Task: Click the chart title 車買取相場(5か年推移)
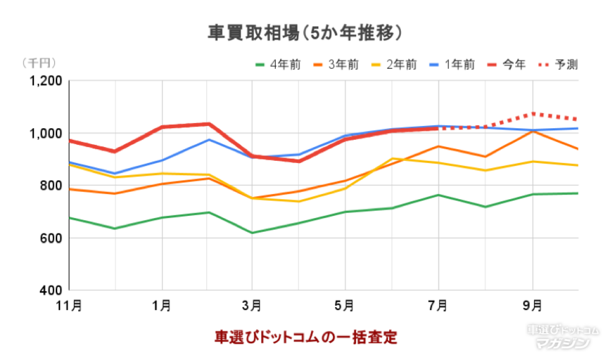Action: (304, 33)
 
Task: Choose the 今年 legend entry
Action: (509, 65)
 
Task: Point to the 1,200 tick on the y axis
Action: (47, 81)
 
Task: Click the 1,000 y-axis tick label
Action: (47, 134)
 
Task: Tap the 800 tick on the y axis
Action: (52, 186)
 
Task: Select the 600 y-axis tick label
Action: (52, 239)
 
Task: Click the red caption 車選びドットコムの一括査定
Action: (306, 337)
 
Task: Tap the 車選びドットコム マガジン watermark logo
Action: (562, 337)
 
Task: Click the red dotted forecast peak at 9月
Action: (533, 114)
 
